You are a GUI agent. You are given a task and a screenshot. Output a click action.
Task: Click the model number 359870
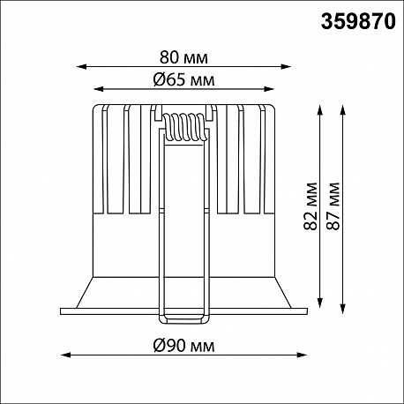(358, 22)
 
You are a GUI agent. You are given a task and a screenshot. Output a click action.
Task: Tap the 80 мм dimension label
(183, 57)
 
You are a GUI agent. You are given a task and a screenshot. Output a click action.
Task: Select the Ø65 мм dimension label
(183, 79)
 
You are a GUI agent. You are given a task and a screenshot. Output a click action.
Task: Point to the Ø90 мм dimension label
(183, 346)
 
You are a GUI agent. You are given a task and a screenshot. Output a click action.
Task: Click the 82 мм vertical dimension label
(310, 206)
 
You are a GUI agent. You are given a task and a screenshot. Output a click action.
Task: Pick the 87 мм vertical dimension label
(333, 206)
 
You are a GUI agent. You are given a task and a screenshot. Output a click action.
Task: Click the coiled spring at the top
(184, 128)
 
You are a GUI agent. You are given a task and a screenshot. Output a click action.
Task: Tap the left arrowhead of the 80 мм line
(81, 67)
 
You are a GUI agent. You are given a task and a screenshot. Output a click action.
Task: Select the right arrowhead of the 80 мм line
(286, 67)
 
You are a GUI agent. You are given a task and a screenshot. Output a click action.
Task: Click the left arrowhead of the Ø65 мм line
(99, 89)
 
